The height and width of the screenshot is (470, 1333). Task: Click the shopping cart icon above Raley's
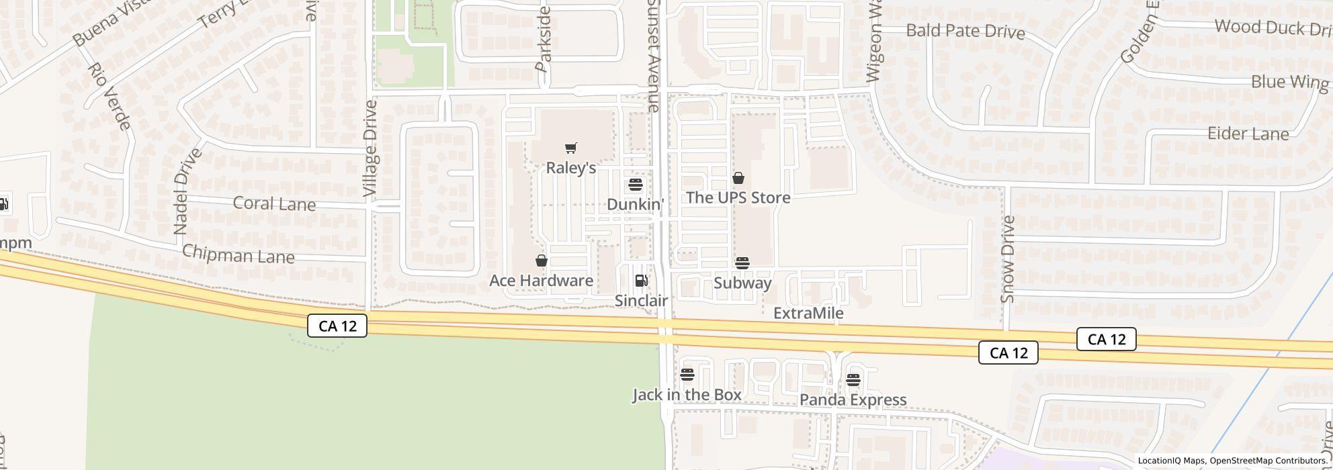click(570, 148)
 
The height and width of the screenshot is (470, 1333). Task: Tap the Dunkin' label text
click(635, 204)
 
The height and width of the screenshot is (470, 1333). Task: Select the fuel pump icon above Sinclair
click(642, 281)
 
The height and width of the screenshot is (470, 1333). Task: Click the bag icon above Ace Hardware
click(541, 261)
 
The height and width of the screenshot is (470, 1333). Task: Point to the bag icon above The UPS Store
click(738, 178)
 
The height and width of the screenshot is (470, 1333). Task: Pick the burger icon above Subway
click(742, 263)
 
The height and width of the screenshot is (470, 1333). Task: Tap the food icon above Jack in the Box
click(687, 375)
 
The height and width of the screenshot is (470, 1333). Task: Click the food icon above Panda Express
click(853, 380)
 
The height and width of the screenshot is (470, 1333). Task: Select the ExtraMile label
click(808, 314)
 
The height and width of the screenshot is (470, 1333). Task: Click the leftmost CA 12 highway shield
click(337, 326)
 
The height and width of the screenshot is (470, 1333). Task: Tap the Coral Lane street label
click(274, 203)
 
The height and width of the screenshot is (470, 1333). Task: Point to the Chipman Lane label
click(239, 255)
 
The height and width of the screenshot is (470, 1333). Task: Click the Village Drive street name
click(370, 149)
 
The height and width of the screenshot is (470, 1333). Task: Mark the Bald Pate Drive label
click(965, 31)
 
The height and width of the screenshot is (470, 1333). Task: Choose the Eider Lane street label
click(1248, 134)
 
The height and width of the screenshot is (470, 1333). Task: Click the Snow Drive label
click(1007, 259)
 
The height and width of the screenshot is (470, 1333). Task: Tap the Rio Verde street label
click(109, 96)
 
